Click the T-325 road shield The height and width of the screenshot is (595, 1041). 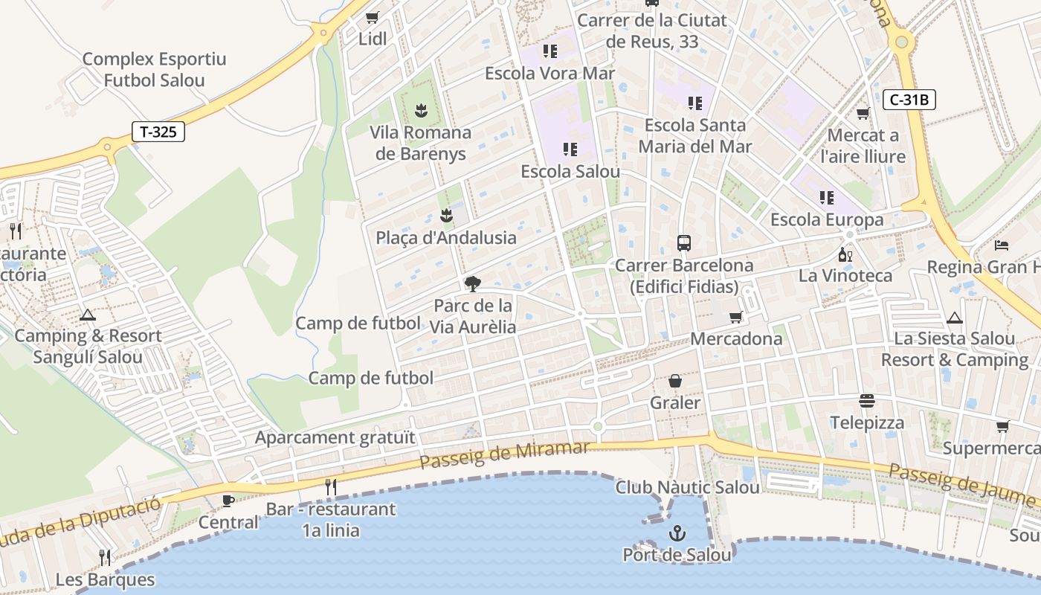158,132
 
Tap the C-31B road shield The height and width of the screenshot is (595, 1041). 909,100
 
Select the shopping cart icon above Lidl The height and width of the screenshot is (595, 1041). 373,17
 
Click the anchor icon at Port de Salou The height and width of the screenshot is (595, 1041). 677,533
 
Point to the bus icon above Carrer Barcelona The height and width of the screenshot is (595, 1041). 683,243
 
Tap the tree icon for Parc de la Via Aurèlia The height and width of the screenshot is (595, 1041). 472,283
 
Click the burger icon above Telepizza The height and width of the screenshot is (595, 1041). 866,401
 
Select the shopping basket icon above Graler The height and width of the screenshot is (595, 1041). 675,381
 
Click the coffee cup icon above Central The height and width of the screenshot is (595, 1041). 228,501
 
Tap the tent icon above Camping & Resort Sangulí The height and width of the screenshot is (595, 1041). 88,315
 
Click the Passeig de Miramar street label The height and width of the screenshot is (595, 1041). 504,454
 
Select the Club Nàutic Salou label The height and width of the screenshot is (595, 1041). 687,487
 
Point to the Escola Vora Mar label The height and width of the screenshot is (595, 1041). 549,73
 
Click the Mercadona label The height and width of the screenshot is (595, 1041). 736,338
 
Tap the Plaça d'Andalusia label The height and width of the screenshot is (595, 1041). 446,237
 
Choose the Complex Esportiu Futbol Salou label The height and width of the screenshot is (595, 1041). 154,69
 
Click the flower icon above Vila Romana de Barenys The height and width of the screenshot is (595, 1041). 421,111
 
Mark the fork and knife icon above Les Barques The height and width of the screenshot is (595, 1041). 105,557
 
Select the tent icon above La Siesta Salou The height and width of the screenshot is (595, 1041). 955,318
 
